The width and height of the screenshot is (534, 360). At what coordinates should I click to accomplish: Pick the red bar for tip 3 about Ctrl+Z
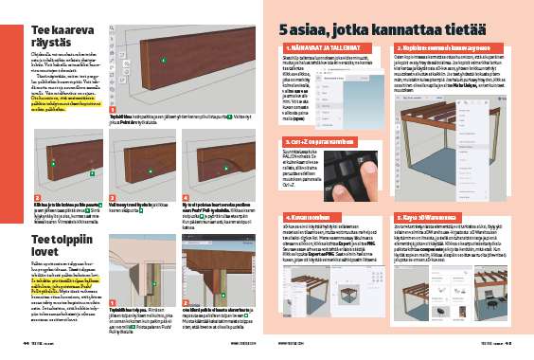(x=325, y=142)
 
